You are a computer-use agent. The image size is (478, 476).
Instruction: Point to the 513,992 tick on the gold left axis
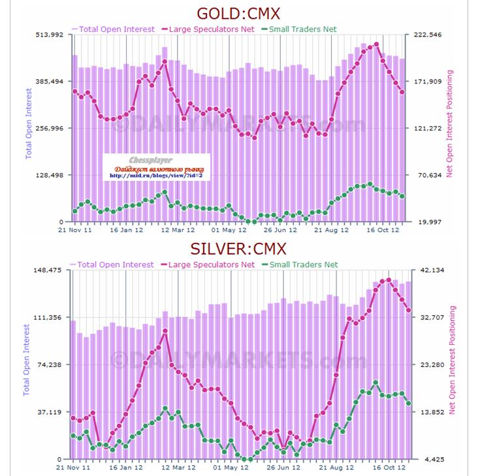coord(48,35)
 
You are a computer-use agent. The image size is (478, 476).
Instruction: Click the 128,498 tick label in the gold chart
coord(48,176)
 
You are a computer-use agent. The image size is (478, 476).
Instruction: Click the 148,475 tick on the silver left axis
coord(48,270)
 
